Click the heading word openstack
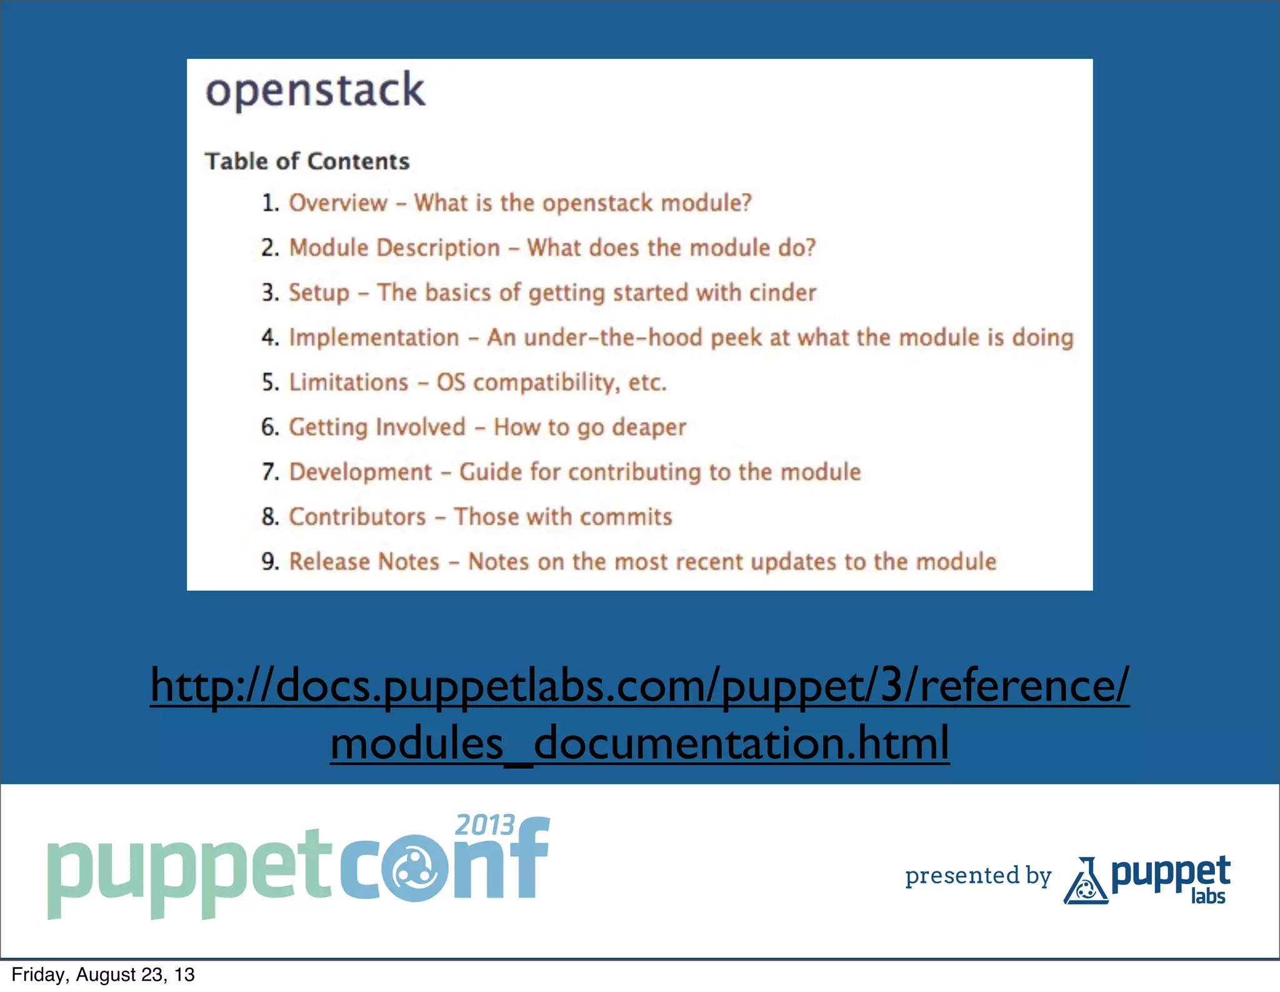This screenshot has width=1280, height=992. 315,91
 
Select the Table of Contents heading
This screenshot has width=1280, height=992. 307,161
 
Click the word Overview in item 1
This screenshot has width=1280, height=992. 338,203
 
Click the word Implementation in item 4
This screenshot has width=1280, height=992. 374,338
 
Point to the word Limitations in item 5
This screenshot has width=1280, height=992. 348,382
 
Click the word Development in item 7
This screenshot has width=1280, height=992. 361,473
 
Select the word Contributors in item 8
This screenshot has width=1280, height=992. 357,517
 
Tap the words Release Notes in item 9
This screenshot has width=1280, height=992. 364,562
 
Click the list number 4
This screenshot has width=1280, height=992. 270,338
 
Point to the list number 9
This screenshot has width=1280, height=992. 270,562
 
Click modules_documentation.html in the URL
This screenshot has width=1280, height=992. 639,743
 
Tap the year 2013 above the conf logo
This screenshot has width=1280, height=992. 484,825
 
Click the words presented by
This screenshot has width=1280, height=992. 978,876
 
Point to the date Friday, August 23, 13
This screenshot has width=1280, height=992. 103,975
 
